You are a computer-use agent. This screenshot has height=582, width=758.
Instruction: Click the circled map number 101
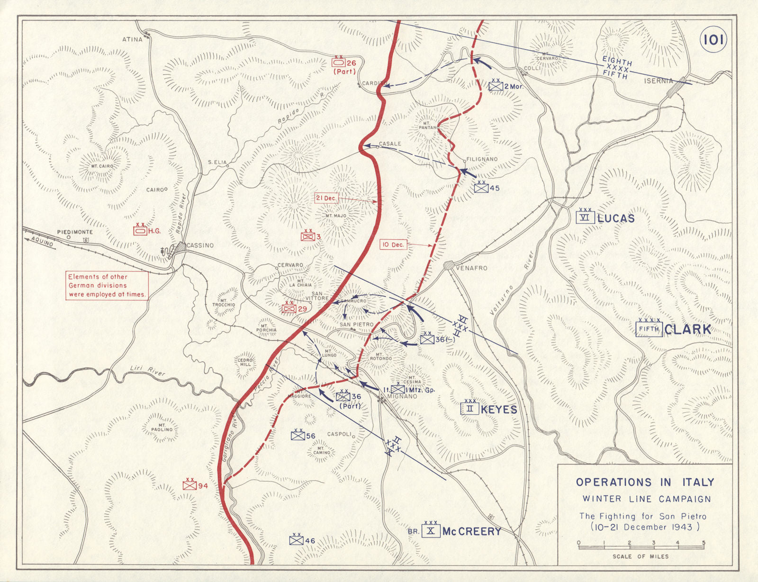(713, 40)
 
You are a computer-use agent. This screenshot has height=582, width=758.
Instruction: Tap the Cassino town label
(200, 246)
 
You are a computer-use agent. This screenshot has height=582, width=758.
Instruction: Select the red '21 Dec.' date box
(326, 198)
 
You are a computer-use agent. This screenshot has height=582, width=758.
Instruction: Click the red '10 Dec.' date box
(393, 245)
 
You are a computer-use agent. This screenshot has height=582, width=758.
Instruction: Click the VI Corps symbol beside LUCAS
(586, 218)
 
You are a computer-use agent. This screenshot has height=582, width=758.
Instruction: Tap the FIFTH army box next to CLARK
(649, 329)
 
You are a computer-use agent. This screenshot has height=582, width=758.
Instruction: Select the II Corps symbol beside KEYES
(469, 409)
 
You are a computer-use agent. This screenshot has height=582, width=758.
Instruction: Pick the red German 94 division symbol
(189, 486)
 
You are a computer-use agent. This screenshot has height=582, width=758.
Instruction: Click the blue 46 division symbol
(297, 540)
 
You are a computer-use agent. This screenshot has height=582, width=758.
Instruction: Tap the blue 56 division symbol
(298, 435)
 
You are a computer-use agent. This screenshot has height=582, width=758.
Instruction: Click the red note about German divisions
(107, 285)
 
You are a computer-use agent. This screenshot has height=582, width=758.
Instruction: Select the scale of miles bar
(641, 547)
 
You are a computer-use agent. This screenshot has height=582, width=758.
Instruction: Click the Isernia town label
(658, 81)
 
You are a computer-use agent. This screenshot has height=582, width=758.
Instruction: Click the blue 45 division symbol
(481, 188)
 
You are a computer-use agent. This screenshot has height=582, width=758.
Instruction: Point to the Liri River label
(147, 371)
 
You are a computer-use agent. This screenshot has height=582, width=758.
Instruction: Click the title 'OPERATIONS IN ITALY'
(645, 482)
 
